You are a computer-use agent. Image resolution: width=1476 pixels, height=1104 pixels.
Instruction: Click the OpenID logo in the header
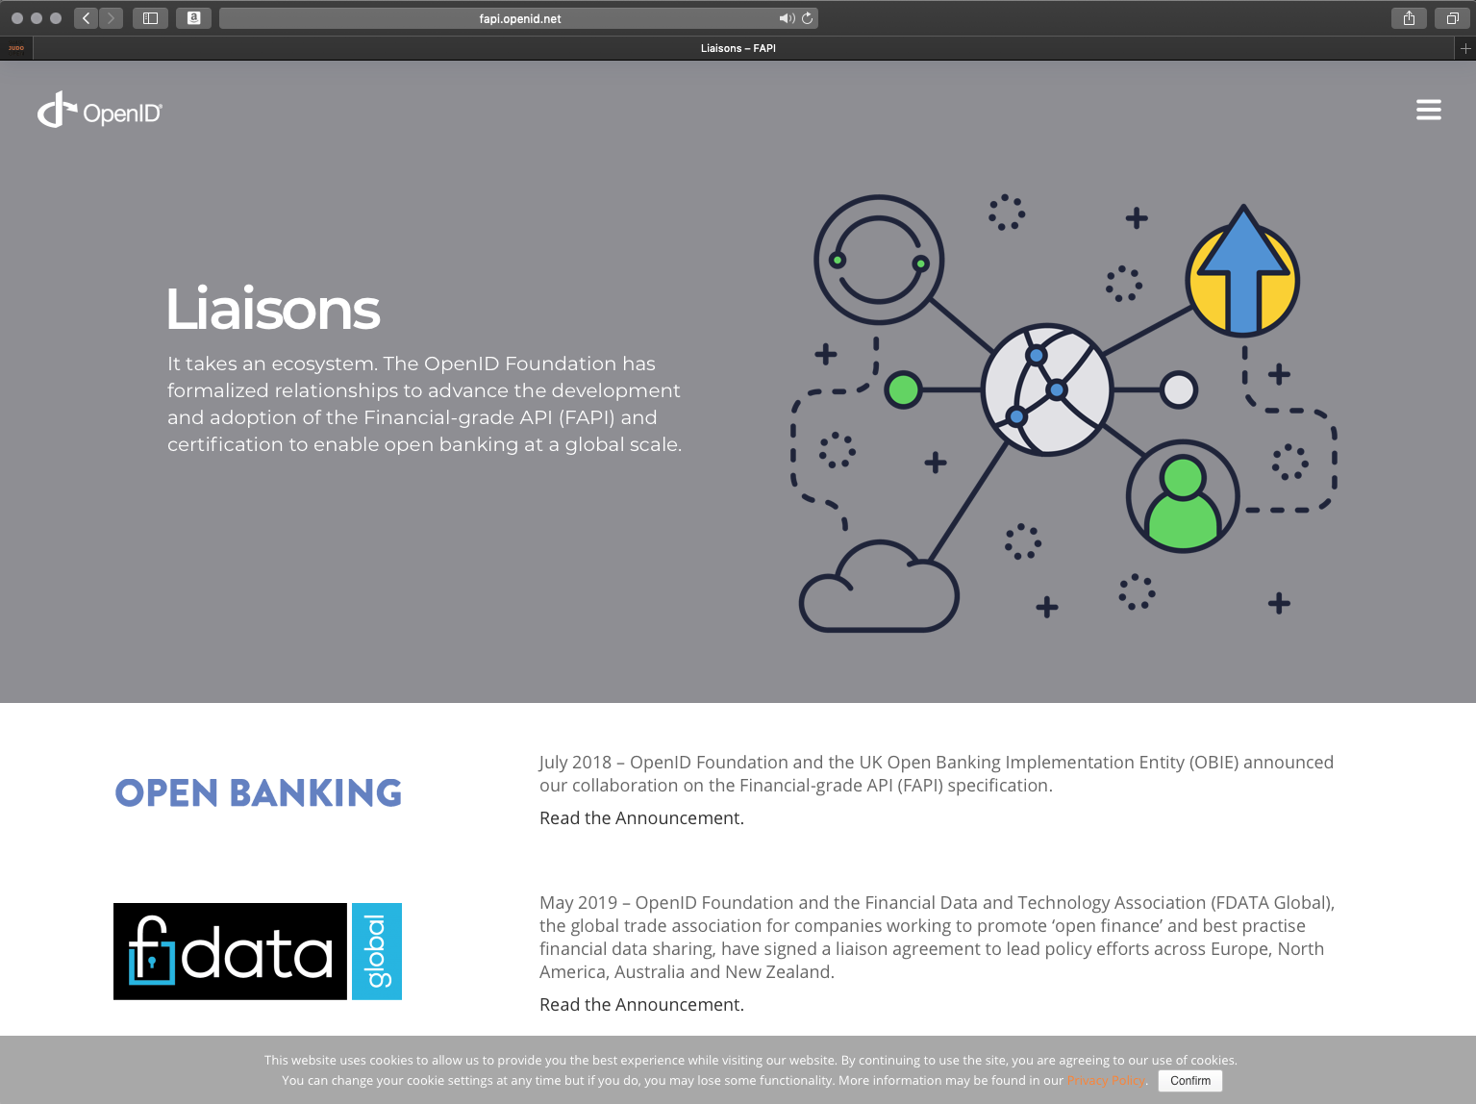click(x=99, y=111)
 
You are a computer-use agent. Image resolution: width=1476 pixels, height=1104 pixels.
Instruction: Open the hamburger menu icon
click(x=1428, y=110)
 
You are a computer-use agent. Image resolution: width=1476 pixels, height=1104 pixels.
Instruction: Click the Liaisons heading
click(x=273, y=309)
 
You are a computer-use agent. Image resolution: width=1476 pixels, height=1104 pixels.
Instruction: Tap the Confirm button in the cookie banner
click(x=1189, y=1081)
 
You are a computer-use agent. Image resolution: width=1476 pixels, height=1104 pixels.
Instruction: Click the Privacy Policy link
click(x=1106, y=1081)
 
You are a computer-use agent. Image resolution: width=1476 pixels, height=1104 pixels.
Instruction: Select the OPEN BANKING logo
click(x=259, y=792)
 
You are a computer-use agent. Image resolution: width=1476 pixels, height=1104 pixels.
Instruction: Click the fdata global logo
click(x=258, y=951)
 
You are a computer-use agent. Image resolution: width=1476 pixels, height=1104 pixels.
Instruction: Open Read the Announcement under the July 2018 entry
click(x=641, y=817)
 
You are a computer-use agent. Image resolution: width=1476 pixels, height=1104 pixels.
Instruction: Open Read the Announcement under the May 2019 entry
click(x=641, y=1004)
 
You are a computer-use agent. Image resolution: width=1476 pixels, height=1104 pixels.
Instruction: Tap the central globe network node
click(x=1046, y=390)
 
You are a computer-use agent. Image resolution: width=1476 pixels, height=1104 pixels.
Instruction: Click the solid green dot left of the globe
click(x=903, y=389)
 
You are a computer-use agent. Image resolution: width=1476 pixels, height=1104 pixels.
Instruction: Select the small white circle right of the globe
click(x=1178, y=389)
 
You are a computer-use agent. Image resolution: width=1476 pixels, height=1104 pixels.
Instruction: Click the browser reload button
click(x=807, y=18)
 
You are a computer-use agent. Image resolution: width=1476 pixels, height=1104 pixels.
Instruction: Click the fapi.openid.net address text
click(x=520, y=19)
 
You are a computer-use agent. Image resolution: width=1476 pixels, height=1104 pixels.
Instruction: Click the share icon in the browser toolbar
click(x=1409, y=18)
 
